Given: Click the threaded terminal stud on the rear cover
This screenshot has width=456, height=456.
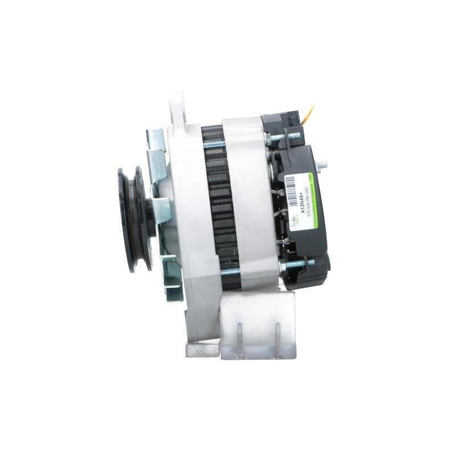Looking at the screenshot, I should (x=322, y=165).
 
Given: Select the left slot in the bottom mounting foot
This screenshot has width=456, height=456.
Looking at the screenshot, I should (x=239, y=340).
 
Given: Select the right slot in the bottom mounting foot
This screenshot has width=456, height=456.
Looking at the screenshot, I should (x=278, y=340).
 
